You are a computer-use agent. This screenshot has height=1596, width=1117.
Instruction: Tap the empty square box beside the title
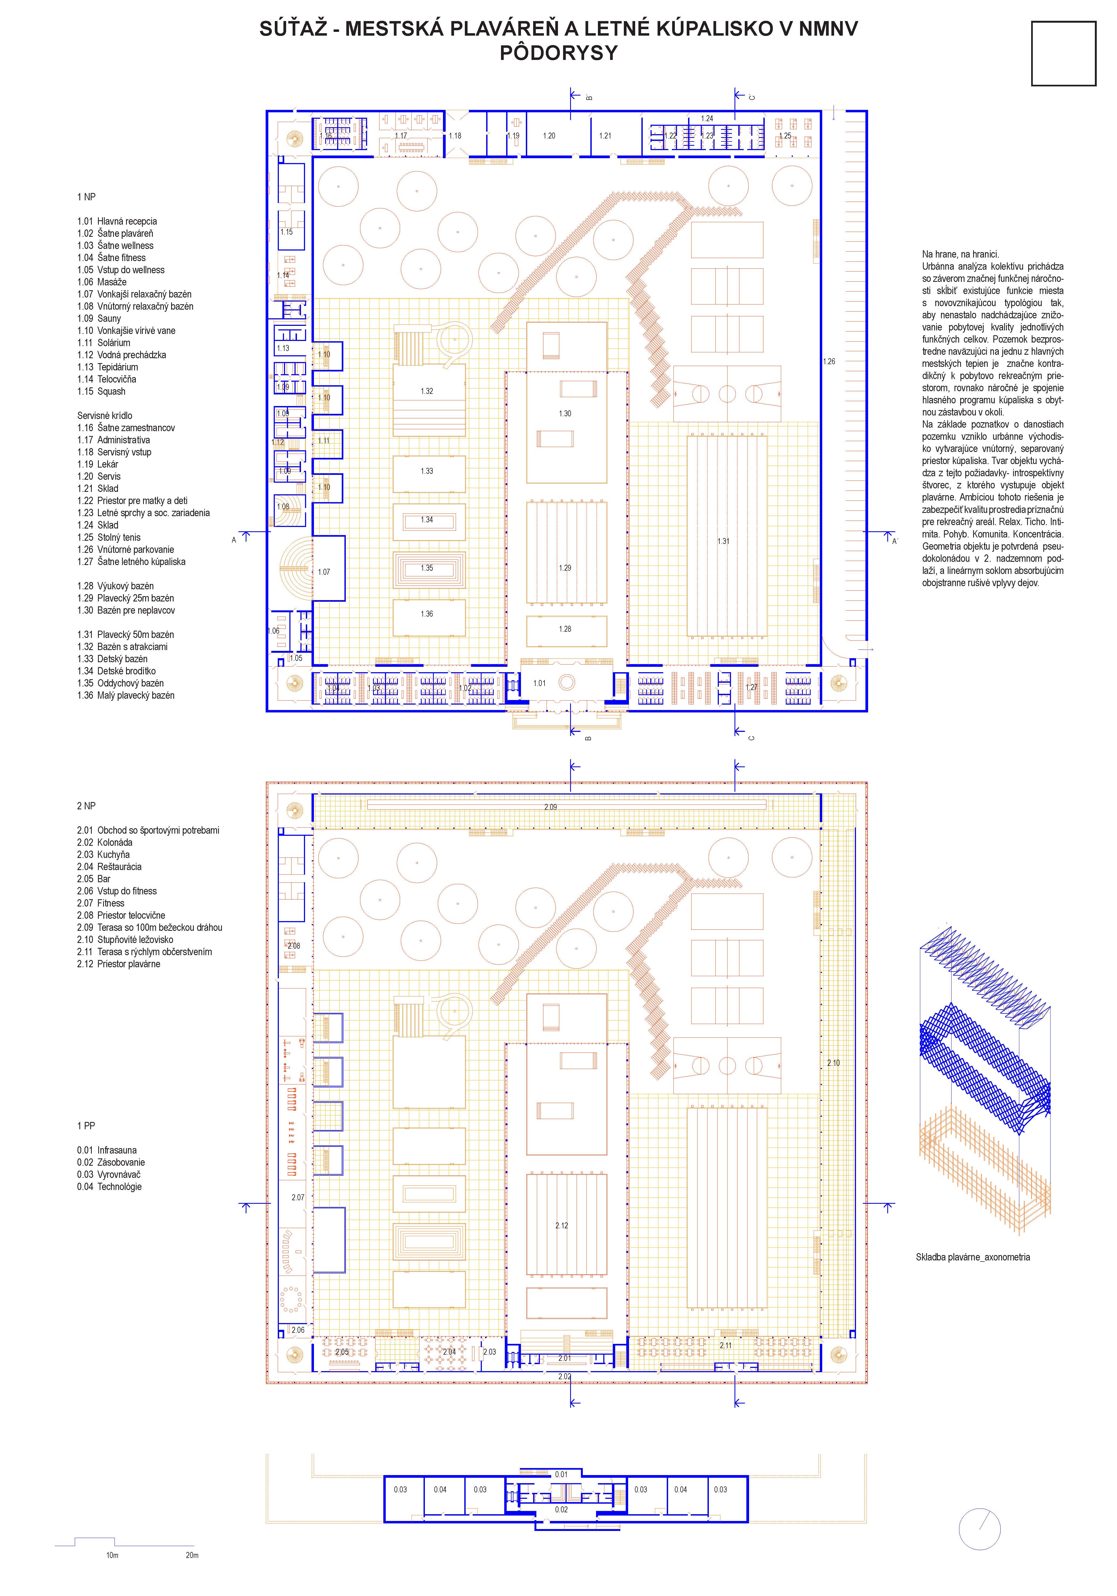1064,53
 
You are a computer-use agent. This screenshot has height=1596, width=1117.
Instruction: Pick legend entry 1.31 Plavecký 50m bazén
126,635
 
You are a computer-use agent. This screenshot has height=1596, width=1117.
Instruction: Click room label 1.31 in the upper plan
724,541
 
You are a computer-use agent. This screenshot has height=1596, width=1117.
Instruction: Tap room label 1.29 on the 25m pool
565,568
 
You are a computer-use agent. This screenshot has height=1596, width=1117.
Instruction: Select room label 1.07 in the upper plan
324,572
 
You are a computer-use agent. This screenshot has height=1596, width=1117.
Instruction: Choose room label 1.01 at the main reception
539,683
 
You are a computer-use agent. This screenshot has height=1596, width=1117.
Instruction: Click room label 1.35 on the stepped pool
427,568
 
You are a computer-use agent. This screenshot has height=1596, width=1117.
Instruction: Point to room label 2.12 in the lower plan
562,1226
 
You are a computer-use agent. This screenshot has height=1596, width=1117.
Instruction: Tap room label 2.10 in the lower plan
833,1063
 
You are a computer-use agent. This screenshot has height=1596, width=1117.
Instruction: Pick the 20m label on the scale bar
192,1555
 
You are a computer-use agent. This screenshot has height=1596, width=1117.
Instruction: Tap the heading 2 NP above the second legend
86,806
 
